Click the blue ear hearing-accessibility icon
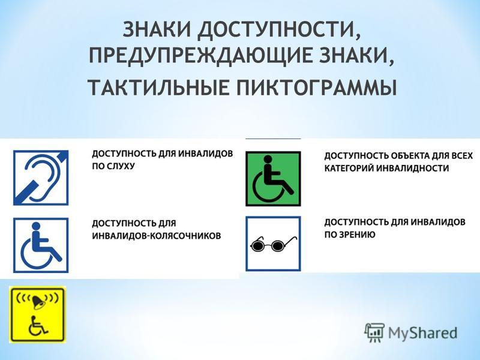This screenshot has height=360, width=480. [41, 178]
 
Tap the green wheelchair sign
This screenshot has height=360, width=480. [273, 179]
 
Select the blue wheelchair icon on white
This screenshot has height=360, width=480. [41, 245]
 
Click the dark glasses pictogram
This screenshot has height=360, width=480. [274, 244]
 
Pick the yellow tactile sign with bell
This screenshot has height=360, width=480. [38, 314]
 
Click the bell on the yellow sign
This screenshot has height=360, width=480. [38, 301]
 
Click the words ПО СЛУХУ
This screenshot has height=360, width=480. [113, 166]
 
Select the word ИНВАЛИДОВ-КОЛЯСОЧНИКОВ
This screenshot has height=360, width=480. [157, 236]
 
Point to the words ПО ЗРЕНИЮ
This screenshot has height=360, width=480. [350, 235]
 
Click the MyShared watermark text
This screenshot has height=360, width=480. [423, 333]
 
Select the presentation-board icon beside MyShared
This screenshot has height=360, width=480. [374, 332]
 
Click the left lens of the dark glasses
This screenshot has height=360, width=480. [257, 245]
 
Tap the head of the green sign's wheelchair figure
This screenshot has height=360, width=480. [268, 159]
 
